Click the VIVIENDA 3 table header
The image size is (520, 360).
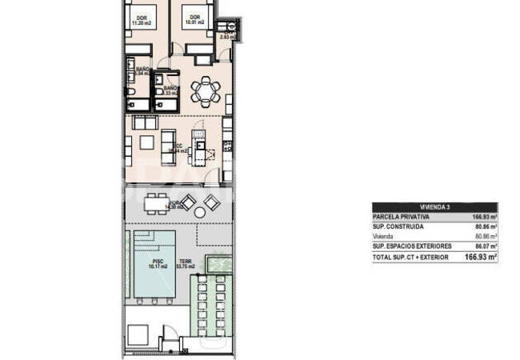[435, 206]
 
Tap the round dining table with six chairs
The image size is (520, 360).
[207, 89]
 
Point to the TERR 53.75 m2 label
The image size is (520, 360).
[184, 264]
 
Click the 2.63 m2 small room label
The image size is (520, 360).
[228, 36]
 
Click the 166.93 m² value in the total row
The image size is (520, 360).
[481, 258]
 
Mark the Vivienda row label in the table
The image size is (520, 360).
[385, 237]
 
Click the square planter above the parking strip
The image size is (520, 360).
[217, 263]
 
